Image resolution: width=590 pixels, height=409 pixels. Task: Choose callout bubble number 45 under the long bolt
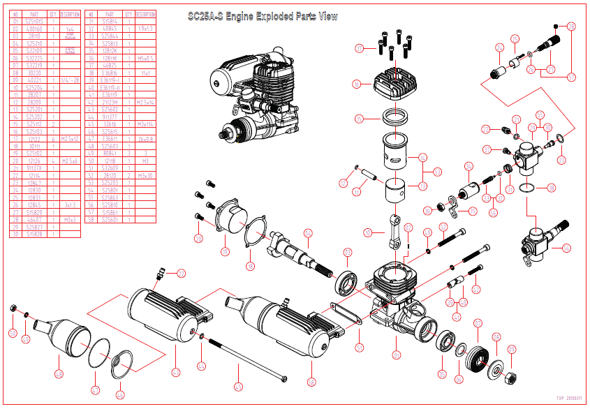coord(239,385)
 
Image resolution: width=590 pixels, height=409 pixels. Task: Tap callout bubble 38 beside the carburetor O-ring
coord(552,188)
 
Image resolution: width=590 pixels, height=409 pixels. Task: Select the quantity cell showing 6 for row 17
coord(53,139)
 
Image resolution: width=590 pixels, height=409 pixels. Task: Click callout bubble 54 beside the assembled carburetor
coord(566,248)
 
